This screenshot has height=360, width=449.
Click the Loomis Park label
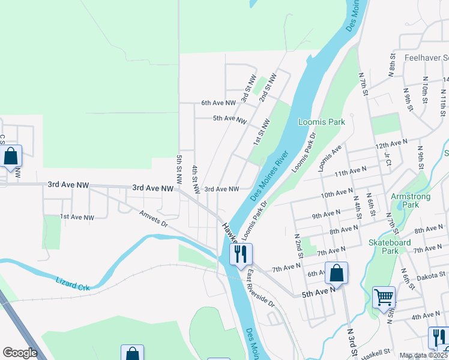tap(322, 122)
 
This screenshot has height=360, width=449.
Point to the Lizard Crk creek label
tap(72, 284)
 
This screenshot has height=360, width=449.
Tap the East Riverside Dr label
tap(260, 289)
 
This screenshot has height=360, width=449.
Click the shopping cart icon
tap(384, 297)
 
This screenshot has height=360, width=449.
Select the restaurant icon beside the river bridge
tap(241, 254)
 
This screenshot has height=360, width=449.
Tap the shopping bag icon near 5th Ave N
tap(337, 273)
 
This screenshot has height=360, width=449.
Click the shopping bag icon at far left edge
tap(11, 157)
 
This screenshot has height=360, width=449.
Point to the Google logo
tap(20, 353)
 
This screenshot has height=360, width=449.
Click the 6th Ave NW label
tap(215, 103)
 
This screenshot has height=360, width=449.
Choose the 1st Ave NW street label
tap(77, 217)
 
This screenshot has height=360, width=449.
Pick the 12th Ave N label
tap(391, 146)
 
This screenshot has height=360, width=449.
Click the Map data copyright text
tap(424, 355)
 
